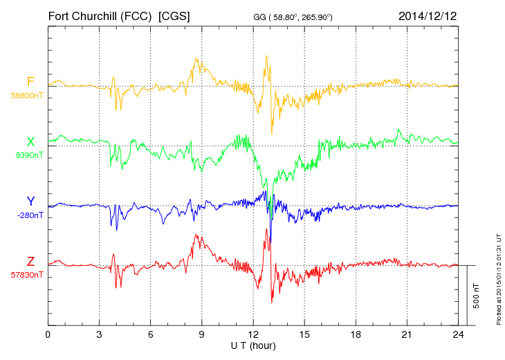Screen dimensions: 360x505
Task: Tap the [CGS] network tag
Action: [x=175, y=15]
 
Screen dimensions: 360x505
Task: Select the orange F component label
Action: [x=30, y=82]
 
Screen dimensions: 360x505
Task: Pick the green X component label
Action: [x=30, y=142]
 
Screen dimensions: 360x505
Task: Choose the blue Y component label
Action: [x=30, y=201]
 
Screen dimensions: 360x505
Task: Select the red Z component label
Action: [x=30, y=261]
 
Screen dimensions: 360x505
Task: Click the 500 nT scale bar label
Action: [x=477, y=296]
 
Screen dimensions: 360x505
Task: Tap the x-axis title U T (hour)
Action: [x=253, y=345]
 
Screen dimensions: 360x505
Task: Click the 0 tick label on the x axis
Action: [x=48, y=335]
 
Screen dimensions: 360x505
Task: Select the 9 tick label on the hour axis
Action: [x=202, y=335]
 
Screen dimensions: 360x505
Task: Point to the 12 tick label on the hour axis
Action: [x=253, y=335]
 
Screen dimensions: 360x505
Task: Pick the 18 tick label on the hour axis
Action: [x=356, y=335]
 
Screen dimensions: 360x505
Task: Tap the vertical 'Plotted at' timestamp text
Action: [x=498, y=278]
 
